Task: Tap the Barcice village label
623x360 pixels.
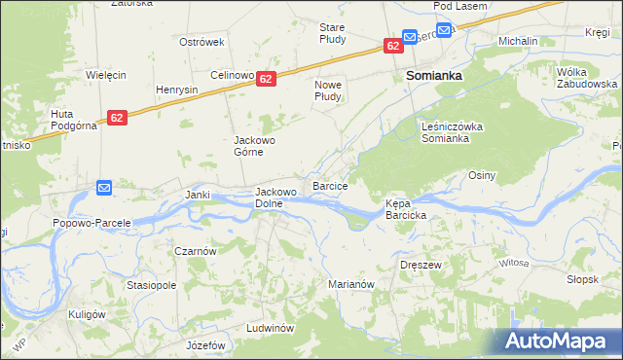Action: tap(330, 184)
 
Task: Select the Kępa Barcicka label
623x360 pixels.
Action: tap(407, 209)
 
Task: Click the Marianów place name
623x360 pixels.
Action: tap(351, 284)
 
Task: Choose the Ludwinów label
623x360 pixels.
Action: tap(271, 328)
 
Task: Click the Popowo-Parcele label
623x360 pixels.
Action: tap(92, 222)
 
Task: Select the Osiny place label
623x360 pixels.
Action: tap(482, 175)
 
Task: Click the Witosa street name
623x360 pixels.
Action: tap(513, 263)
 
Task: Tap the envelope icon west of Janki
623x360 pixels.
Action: tap(104, 187)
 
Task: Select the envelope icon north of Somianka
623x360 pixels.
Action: tap(410, 37)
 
